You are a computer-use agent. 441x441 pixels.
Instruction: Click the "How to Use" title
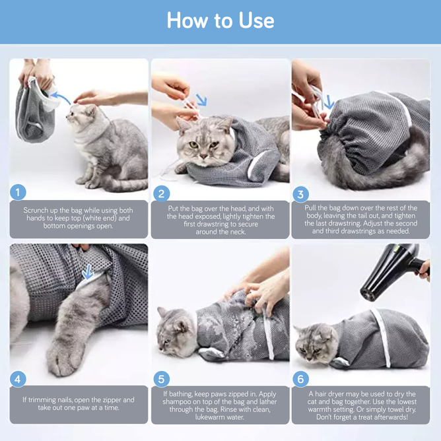click(x=220, y=20)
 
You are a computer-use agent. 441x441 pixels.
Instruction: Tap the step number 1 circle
click(x=18, y=192)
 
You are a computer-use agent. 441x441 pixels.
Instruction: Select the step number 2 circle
click(x=161, y=193)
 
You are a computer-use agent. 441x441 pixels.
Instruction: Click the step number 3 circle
click(x=301, y=194)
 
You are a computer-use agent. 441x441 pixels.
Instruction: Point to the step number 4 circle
click(x=18, y=379)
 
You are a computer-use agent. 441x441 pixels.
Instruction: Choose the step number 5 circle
click(x=161, y=379)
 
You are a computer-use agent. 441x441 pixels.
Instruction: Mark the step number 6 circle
click(x=301, y=379)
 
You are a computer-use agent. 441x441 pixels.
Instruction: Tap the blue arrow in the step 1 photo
click(x=61, y=99)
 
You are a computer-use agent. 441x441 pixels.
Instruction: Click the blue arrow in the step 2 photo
click(x=200, y=101)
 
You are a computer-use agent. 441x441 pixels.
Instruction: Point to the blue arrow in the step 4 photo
click(x=87, y=272)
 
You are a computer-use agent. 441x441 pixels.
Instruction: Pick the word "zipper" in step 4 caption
click(x=121, y=399)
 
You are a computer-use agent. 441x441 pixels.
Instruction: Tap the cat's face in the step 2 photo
click(x=201, y=142)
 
